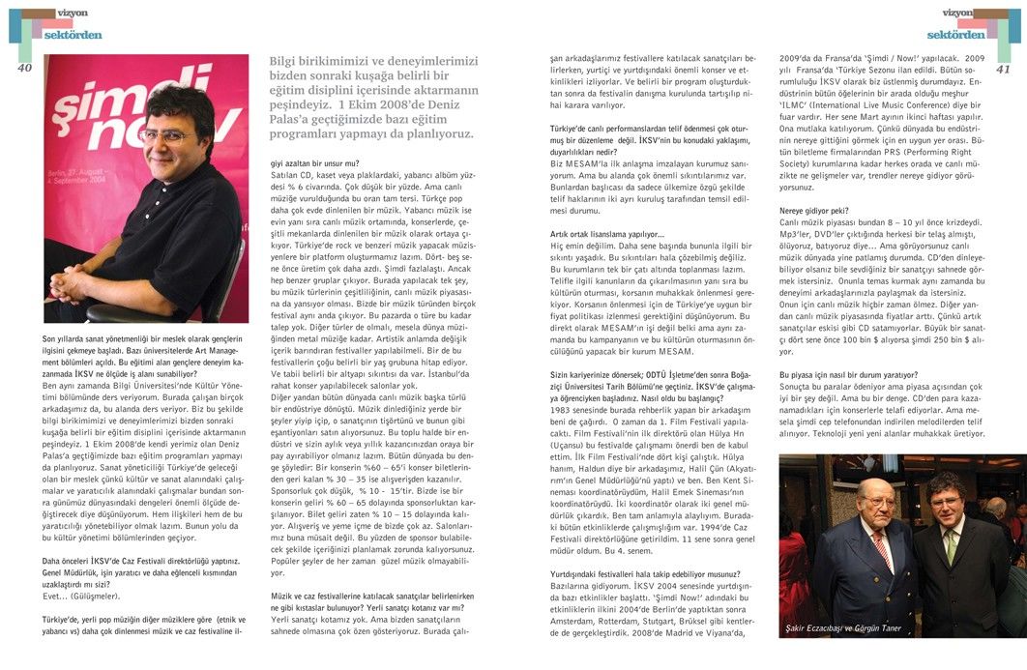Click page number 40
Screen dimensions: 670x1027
pos(25,68)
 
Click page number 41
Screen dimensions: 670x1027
pos(1002,69)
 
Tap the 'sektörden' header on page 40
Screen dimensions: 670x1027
pos(73,34)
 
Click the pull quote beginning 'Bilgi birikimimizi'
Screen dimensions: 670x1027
pos(372,98)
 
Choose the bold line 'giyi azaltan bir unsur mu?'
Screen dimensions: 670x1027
pos(314,164)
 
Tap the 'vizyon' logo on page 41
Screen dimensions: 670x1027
pos(957,13)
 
